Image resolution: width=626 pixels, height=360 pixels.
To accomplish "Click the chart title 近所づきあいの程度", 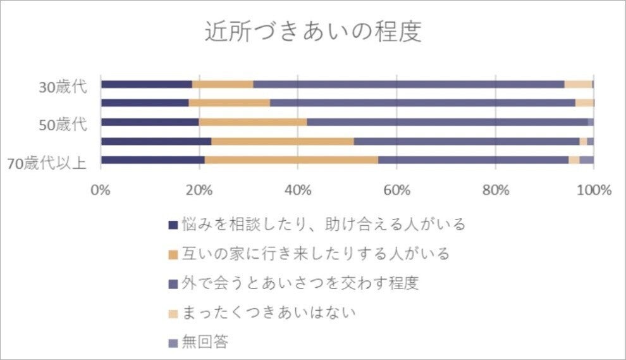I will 313,32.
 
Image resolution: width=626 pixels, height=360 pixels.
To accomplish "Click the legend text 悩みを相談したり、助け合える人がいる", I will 323,224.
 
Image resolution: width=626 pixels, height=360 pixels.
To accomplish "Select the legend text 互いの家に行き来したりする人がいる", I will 315,254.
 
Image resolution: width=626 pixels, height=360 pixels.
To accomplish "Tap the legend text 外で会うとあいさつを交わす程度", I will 300,283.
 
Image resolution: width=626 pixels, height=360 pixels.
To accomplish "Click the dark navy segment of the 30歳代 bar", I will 146,85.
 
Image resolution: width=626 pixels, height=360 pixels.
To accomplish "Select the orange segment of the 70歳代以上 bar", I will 291,160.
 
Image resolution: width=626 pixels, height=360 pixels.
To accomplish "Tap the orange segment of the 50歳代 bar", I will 253,122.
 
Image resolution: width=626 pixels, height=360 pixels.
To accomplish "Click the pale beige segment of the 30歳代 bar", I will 578,85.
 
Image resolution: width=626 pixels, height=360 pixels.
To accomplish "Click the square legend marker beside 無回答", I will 173,343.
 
